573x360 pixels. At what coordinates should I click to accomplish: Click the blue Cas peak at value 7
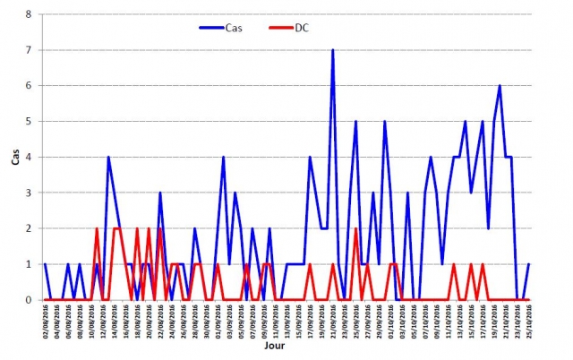tap(333, 50)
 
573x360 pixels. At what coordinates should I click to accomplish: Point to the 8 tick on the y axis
tap(29, 14)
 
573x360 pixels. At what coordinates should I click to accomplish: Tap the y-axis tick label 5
tap(29, 121)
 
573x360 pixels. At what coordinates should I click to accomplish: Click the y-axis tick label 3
tap(29, 193)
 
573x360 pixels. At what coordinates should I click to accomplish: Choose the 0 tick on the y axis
tap(29, 300)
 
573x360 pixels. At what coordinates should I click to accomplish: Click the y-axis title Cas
tap(13, 157)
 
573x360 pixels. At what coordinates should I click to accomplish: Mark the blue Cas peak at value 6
tap(500, 86)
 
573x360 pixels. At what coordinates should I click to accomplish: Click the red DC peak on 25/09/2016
tap(356, 228)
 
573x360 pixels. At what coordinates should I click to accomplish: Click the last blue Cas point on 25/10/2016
tap(529, 264)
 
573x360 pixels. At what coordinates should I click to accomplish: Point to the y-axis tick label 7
tap(29, 50)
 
